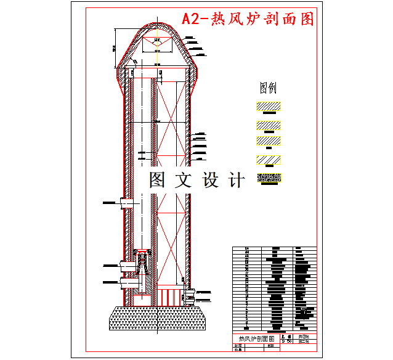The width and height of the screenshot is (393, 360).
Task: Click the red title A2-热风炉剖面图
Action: point(248,19)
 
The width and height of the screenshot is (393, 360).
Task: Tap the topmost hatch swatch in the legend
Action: point(269,106)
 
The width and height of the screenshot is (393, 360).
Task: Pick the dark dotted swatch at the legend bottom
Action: point(269,178)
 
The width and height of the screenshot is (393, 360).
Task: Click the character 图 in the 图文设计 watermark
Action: point(157,180)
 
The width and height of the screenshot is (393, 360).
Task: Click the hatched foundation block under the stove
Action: point(159,317)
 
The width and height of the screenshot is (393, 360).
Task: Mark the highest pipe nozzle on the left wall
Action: point(117,202)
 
